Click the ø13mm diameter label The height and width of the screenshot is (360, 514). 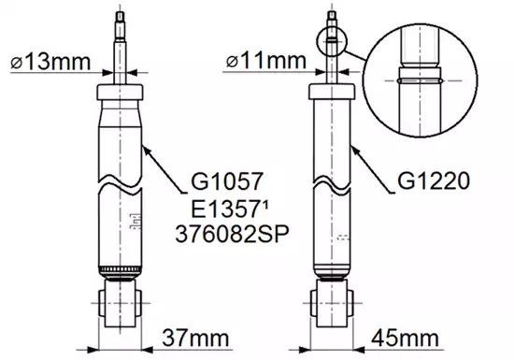(x=50, y=62)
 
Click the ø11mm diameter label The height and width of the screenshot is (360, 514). (x=265, y=61)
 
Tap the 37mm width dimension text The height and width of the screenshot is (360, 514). (x=195, y=338)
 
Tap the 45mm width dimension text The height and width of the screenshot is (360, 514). (x=405, y=338)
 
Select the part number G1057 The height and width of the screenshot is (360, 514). (x=227, y=181)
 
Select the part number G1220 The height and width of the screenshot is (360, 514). (x=434, y=181)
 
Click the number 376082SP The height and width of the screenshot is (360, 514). (x=232, y=234)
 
